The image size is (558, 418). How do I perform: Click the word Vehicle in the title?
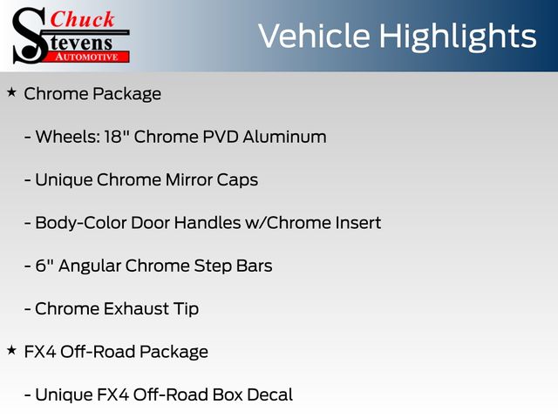click(314, 36)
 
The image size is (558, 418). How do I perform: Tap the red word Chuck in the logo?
click(82, 19)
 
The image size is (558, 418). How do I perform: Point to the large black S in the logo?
click(29, 36)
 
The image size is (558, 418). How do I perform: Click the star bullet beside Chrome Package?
click(11, 93)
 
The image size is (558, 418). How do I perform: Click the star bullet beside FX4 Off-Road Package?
click(11, 350)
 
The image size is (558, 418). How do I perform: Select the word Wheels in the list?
click(67, 137)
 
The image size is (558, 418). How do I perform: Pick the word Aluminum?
click(285, 137)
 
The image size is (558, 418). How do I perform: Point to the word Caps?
click(237, 181)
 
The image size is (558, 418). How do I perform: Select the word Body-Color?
click(81, 224)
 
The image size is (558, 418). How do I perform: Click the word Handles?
click(208, 223)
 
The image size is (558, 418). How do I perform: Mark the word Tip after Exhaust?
click(186, 310)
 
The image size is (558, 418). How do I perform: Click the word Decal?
click(270, 394)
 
